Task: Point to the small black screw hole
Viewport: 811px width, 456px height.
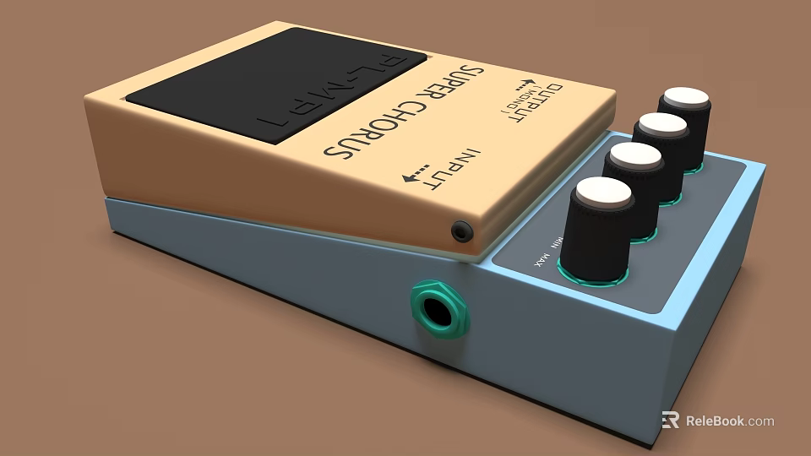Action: [x=461, y=230]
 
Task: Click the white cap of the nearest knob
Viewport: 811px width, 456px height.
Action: [x=603, y=193]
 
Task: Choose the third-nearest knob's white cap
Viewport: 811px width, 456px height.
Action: [x=662, y=125]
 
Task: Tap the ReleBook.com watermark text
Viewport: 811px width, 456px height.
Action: [x=729, y=421]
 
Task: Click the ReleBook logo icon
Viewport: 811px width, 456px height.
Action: [x=670, y=420]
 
